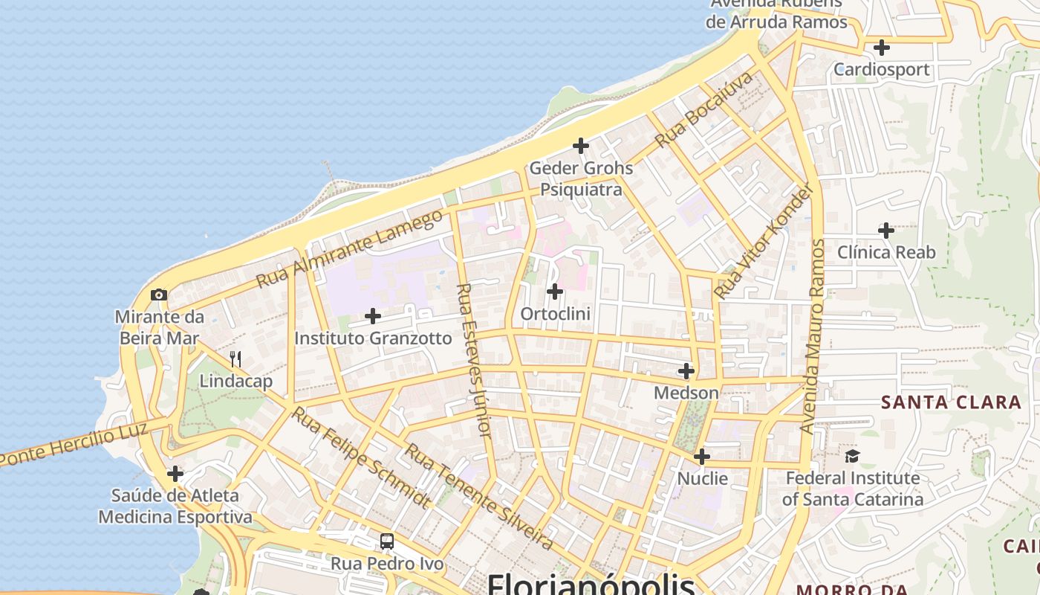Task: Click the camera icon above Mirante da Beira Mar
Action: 158,295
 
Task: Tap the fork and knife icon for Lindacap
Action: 235,360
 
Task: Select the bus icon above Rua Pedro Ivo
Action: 387,541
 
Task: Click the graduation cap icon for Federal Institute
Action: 852,456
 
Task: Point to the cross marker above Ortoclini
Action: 555,292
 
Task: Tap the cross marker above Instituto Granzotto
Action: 373,317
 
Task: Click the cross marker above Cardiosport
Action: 882,48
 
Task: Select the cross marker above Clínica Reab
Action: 886,231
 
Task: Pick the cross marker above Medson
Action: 686,370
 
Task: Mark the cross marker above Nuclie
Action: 702,456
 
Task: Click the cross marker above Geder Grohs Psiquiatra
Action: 581,146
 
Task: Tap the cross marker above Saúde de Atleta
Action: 175,474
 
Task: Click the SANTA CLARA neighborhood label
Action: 951,402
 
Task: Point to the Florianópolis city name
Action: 591,584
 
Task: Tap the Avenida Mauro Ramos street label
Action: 814,336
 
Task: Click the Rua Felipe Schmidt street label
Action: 360,457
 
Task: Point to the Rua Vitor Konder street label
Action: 764,241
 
